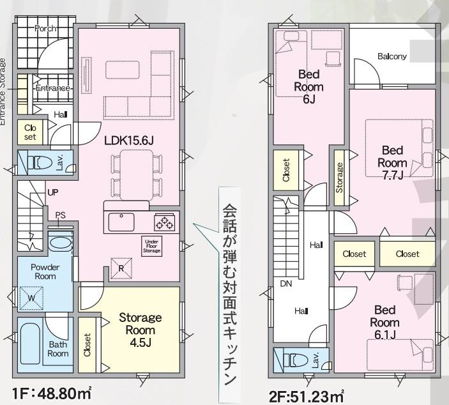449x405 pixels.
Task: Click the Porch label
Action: click(45, 28)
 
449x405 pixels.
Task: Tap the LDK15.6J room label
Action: click(129, 141)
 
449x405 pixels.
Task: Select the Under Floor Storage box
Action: click(152, 246)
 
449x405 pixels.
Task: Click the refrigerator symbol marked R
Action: click(121, 268)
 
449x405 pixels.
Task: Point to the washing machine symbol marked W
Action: click(31, 298)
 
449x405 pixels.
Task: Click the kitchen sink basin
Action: click(121, 222)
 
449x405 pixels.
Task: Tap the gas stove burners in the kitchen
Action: click(165, 222)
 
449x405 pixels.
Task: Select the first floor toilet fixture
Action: click(40, 163)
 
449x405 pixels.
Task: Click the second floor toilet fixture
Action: click(296, 360)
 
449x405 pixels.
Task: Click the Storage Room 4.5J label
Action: click(141, 330)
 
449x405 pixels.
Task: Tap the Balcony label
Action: click(392, 56)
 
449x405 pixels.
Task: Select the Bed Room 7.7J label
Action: click(392, 163)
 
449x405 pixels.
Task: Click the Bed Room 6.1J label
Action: click(385, 323)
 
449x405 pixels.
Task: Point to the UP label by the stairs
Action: click(52, 192)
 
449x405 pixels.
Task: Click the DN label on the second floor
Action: click(285, 284)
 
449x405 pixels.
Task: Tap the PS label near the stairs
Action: click(61, 215)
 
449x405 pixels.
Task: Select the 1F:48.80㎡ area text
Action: click(52, 394)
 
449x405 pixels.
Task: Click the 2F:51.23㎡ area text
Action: click(307, 397)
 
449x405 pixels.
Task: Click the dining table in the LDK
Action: click(137, 175)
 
